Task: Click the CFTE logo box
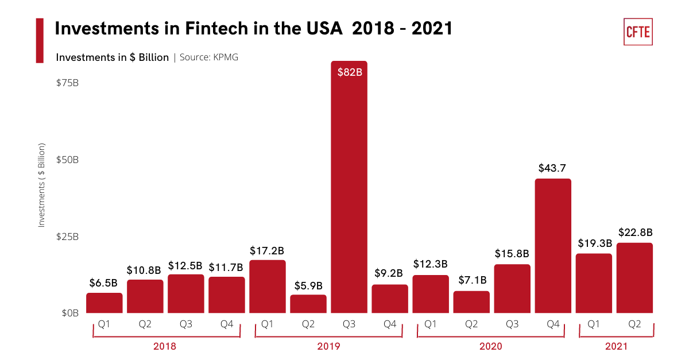(638, 31)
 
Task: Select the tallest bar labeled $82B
(349, 189)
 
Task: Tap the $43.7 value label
(553, 168)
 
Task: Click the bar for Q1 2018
(104, 303)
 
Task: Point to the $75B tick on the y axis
(67, 83)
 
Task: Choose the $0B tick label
(70, 313)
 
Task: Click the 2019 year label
(328, 346)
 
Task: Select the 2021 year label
(616, 346)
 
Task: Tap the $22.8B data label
(635, 233)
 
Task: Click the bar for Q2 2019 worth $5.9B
(308, 304)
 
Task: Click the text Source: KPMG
(209, 57)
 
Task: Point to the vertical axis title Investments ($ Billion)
(41, 185)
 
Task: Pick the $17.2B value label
(267, 251)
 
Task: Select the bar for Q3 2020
(512, 289)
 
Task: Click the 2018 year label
(165, 346)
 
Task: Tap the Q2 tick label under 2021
(634, 324)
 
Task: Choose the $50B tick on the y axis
(67, 160)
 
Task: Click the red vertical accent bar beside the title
(40, 40)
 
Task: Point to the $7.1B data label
(472, 280)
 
